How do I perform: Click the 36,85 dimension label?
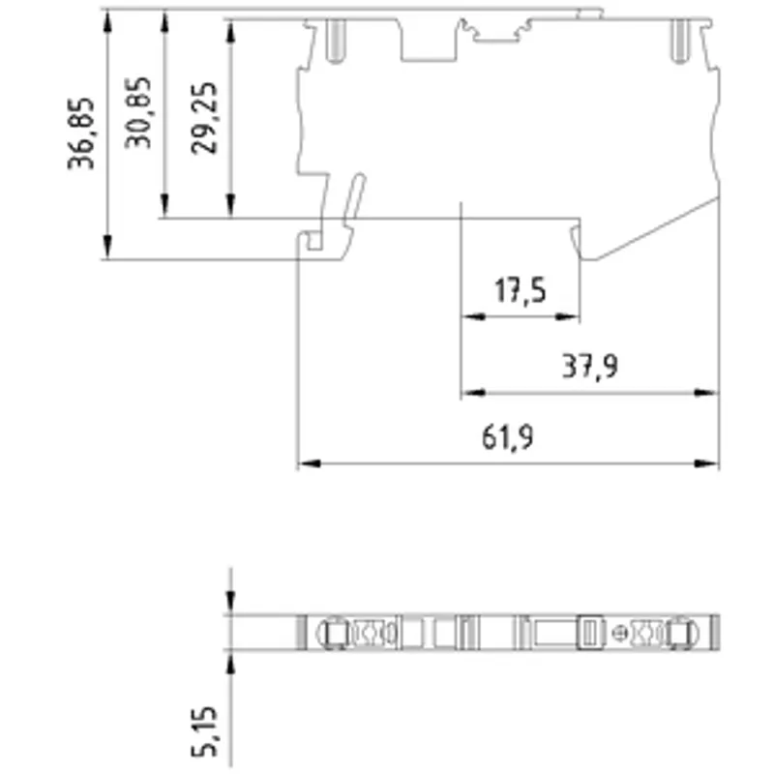click(x=80, y=134)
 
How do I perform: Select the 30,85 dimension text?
click(x=137, y=112)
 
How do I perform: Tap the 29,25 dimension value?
click(x=204, y=118)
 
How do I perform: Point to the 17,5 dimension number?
click(x=521, y=290)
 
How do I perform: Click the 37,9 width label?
click(x=590, y=367)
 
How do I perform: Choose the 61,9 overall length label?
click(x=507, y=437)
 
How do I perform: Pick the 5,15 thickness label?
click(x=204, y=731)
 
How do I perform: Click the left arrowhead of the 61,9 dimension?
click(x=310, y=463)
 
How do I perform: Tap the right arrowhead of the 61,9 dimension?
click(x=706, y=463)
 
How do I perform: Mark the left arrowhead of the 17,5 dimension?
click(x=474, y=316)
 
